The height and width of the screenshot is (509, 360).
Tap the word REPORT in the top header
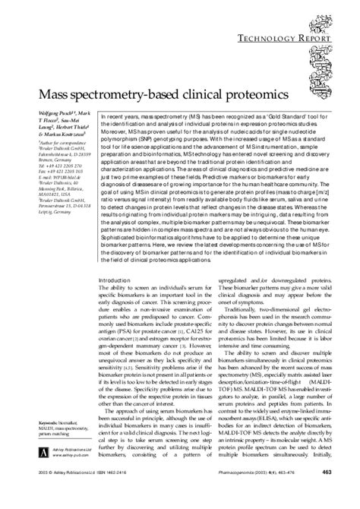[x=324, y=15]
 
